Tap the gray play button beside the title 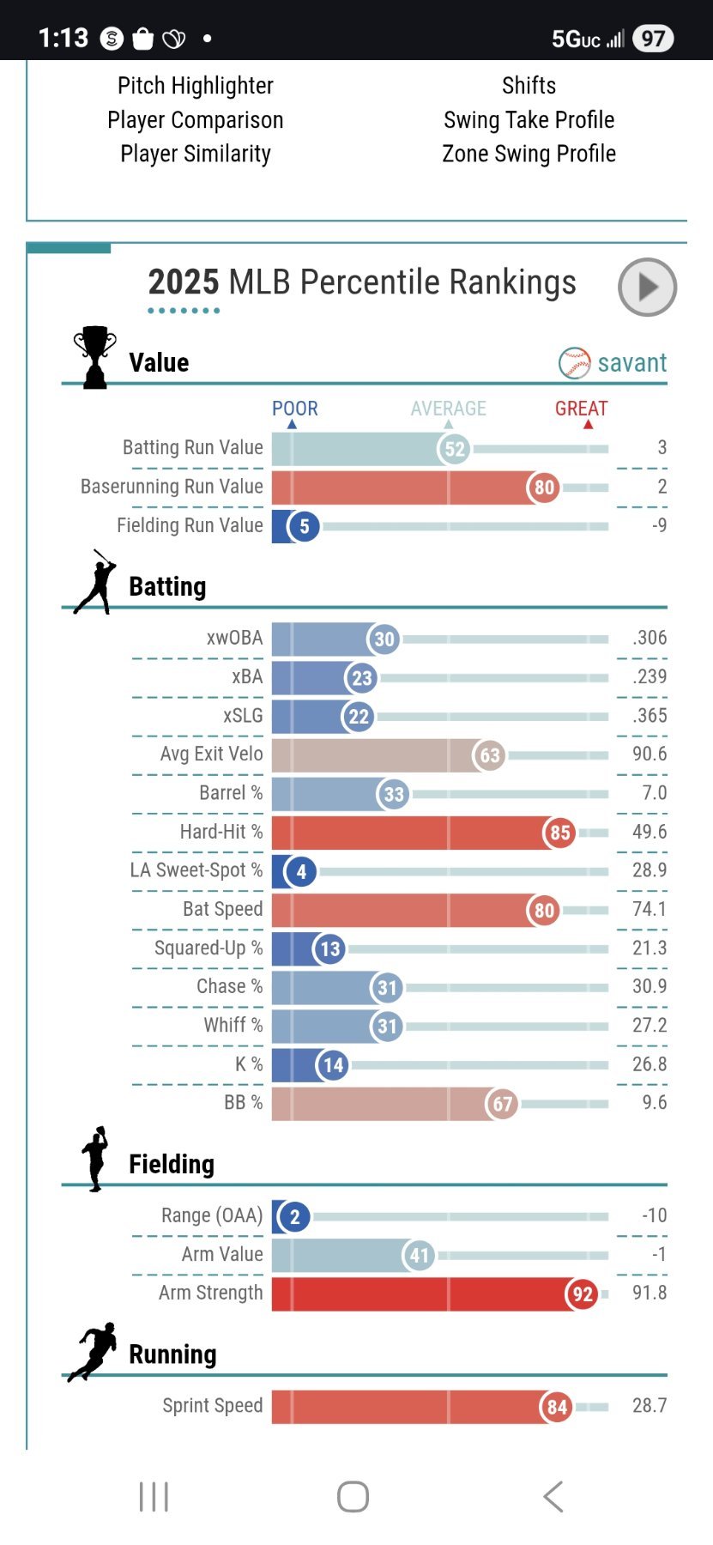[x=647, y=287]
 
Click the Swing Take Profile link [x=529, y=120]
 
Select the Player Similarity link [x=196, y=154]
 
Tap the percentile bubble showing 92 [x=583, y=1294]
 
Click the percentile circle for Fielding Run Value [x=304, y=526]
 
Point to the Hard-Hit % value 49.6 [x=649, y=832]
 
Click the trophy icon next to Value [x=94, y=357]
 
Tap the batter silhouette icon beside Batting [x=95, y=583]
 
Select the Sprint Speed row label [x=212, y=1405]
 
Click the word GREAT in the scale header [x=581, y=409]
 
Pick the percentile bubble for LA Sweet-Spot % [x=301, y=872]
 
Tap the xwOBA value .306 [x=649, y=638]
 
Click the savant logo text [x=631, y=363]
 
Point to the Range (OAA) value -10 [x=654, y=1215]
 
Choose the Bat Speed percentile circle [x=544, y=910]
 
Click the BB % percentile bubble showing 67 [x=502, y=1104]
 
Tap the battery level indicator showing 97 [x=653, y=39]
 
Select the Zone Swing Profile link [x=529, y=154]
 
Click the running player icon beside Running [x=93, y=1351]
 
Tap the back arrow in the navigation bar [x=553, y=1496]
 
